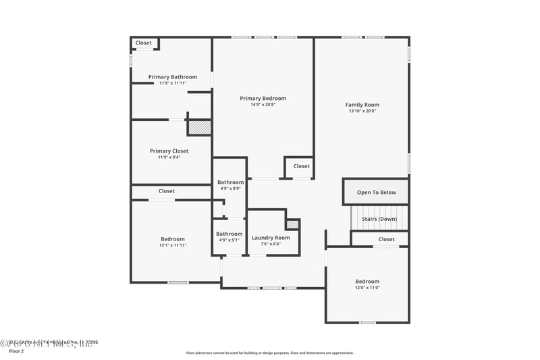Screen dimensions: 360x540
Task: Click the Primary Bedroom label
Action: pyautogui.click(x=263, y=98)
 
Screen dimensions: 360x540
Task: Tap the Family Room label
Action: pyautogui.click(x=362, y=105)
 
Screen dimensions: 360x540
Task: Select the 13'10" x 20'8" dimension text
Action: pyautogui.click(x=362, y=111)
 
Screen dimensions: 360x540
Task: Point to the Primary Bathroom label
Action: pyautogui.click(x=173, y=77)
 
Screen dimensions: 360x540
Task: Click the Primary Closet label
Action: pyautogui.click(x=169, y=151)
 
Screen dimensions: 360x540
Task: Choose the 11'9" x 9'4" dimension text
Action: pyautogui.click(x=169, y=157)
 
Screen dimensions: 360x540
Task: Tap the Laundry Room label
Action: pyautogui.click(x=271, y=238)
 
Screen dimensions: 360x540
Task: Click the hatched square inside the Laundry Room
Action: pyautogui.click(x=292, y=224)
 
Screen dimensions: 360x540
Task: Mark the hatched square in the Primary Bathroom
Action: pyautogui.click(x=199, y=127)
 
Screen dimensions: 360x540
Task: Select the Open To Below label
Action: pyautogui.click(x=377, y=192)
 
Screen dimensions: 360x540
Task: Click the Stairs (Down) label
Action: pyautogui.click(x=379, y=219)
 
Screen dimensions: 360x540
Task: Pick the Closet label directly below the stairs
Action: pyautogui.click(x=386, y=239)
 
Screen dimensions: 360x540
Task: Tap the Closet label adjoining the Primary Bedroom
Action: pyautogui.click(x=301, y=166)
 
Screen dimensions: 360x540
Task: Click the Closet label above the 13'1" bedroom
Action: pyautogui.click(x=166, y=191)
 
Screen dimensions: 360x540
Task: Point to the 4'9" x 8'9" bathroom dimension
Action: pyautogui.click(x=230, y=188)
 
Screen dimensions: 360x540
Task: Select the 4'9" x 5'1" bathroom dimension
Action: pyautogui.click(x=230, y=240)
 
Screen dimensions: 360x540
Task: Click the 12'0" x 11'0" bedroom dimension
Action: pyautogui.click(x=367, y=288)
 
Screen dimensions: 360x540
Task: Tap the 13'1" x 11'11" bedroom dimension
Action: pyautogui.click(x=173, y=245)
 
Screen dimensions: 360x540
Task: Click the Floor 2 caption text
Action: pyautogui.click(x=16, y=351)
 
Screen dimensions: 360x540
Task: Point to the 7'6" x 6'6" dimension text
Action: pyautogui.click(x=271, y=244)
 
